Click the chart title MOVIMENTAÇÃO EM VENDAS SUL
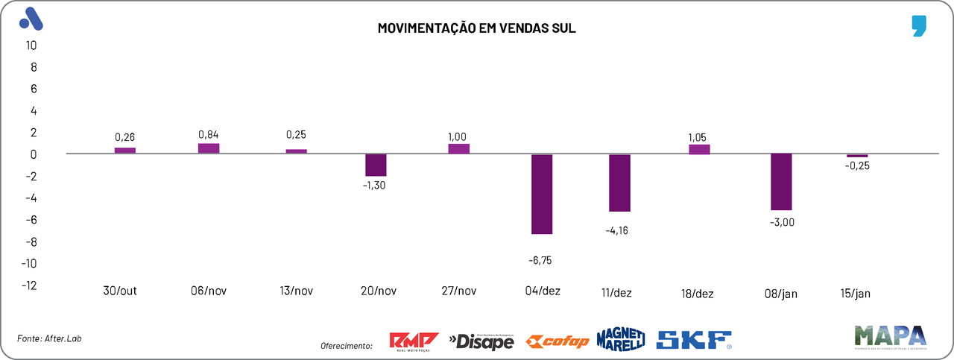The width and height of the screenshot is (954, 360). pos(477,28)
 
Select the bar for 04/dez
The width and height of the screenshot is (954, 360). pos(542,194)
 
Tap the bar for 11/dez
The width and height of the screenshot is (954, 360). pos(620,183)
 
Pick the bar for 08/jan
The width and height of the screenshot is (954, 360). pos(781,182)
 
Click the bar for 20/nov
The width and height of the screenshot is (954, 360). pos(376,165)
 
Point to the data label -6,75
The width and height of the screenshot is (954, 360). pos(542,260)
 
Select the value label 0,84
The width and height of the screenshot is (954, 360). pos(209,134)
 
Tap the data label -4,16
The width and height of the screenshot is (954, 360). pos(620,230)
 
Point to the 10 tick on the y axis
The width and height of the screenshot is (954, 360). pos(31,45)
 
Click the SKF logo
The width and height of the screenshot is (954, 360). pos(694,341)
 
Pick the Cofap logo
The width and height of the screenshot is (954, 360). pos(557,341)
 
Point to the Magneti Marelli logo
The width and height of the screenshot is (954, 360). pos(621,339)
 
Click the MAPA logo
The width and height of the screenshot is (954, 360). pos(890,337)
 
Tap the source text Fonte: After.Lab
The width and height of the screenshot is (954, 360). pos(49,338)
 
